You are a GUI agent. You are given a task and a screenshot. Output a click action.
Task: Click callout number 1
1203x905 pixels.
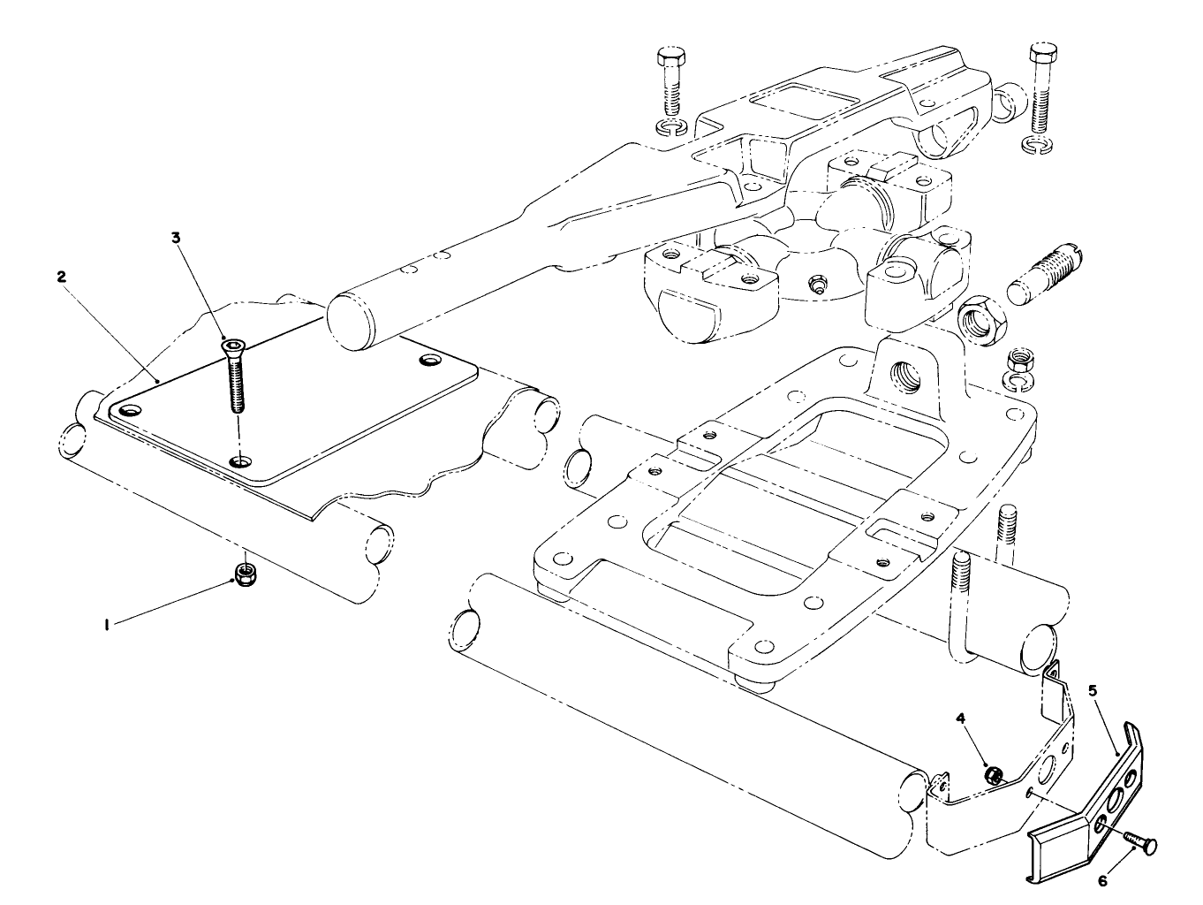pyautogui.click(x=107, y=625)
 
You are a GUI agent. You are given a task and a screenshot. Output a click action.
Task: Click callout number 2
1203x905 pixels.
pyautogui.click(x=61, y=276)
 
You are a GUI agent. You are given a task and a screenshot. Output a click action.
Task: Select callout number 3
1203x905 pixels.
pyautogui.click(x=176, y=237)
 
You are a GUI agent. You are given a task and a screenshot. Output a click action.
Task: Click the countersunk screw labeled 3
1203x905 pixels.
pyautogui.click(x=235, y=376)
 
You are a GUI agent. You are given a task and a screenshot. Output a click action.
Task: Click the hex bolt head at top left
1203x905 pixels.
pyautogui.click(x=669, y=60)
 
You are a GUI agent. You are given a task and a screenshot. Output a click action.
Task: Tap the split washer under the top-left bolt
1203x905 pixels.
pyautogui.click(x=673, y=129)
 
